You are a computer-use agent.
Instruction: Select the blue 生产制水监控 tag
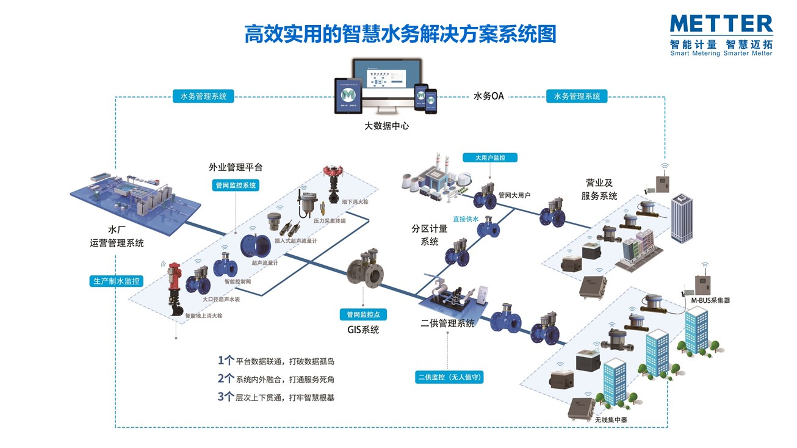tap(116, 281)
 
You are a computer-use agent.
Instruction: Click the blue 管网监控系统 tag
tap(236, 185)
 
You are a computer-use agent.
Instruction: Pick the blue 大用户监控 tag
tap(490, 157)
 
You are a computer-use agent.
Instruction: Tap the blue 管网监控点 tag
tap(362, 314)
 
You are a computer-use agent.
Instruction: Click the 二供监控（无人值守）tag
tap(450, 377)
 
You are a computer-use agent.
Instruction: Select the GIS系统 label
tap(362, 330)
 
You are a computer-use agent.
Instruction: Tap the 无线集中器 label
tap(610, 420)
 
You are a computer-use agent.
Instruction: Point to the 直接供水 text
tap(465, 219)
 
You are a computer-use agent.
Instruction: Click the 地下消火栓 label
tap(356, 202)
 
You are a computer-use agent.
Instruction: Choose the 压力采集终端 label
tap(330, 221)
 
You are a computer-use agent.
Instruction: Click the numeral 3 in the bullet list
tap(222, 396)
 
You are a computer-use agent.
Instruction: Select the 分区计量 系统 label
tap(430, 235)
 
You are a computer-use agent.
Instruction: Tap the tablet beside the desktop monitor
tap(348, 96)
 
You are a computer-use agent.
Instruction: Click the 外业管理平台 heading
tap(236, 167)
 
